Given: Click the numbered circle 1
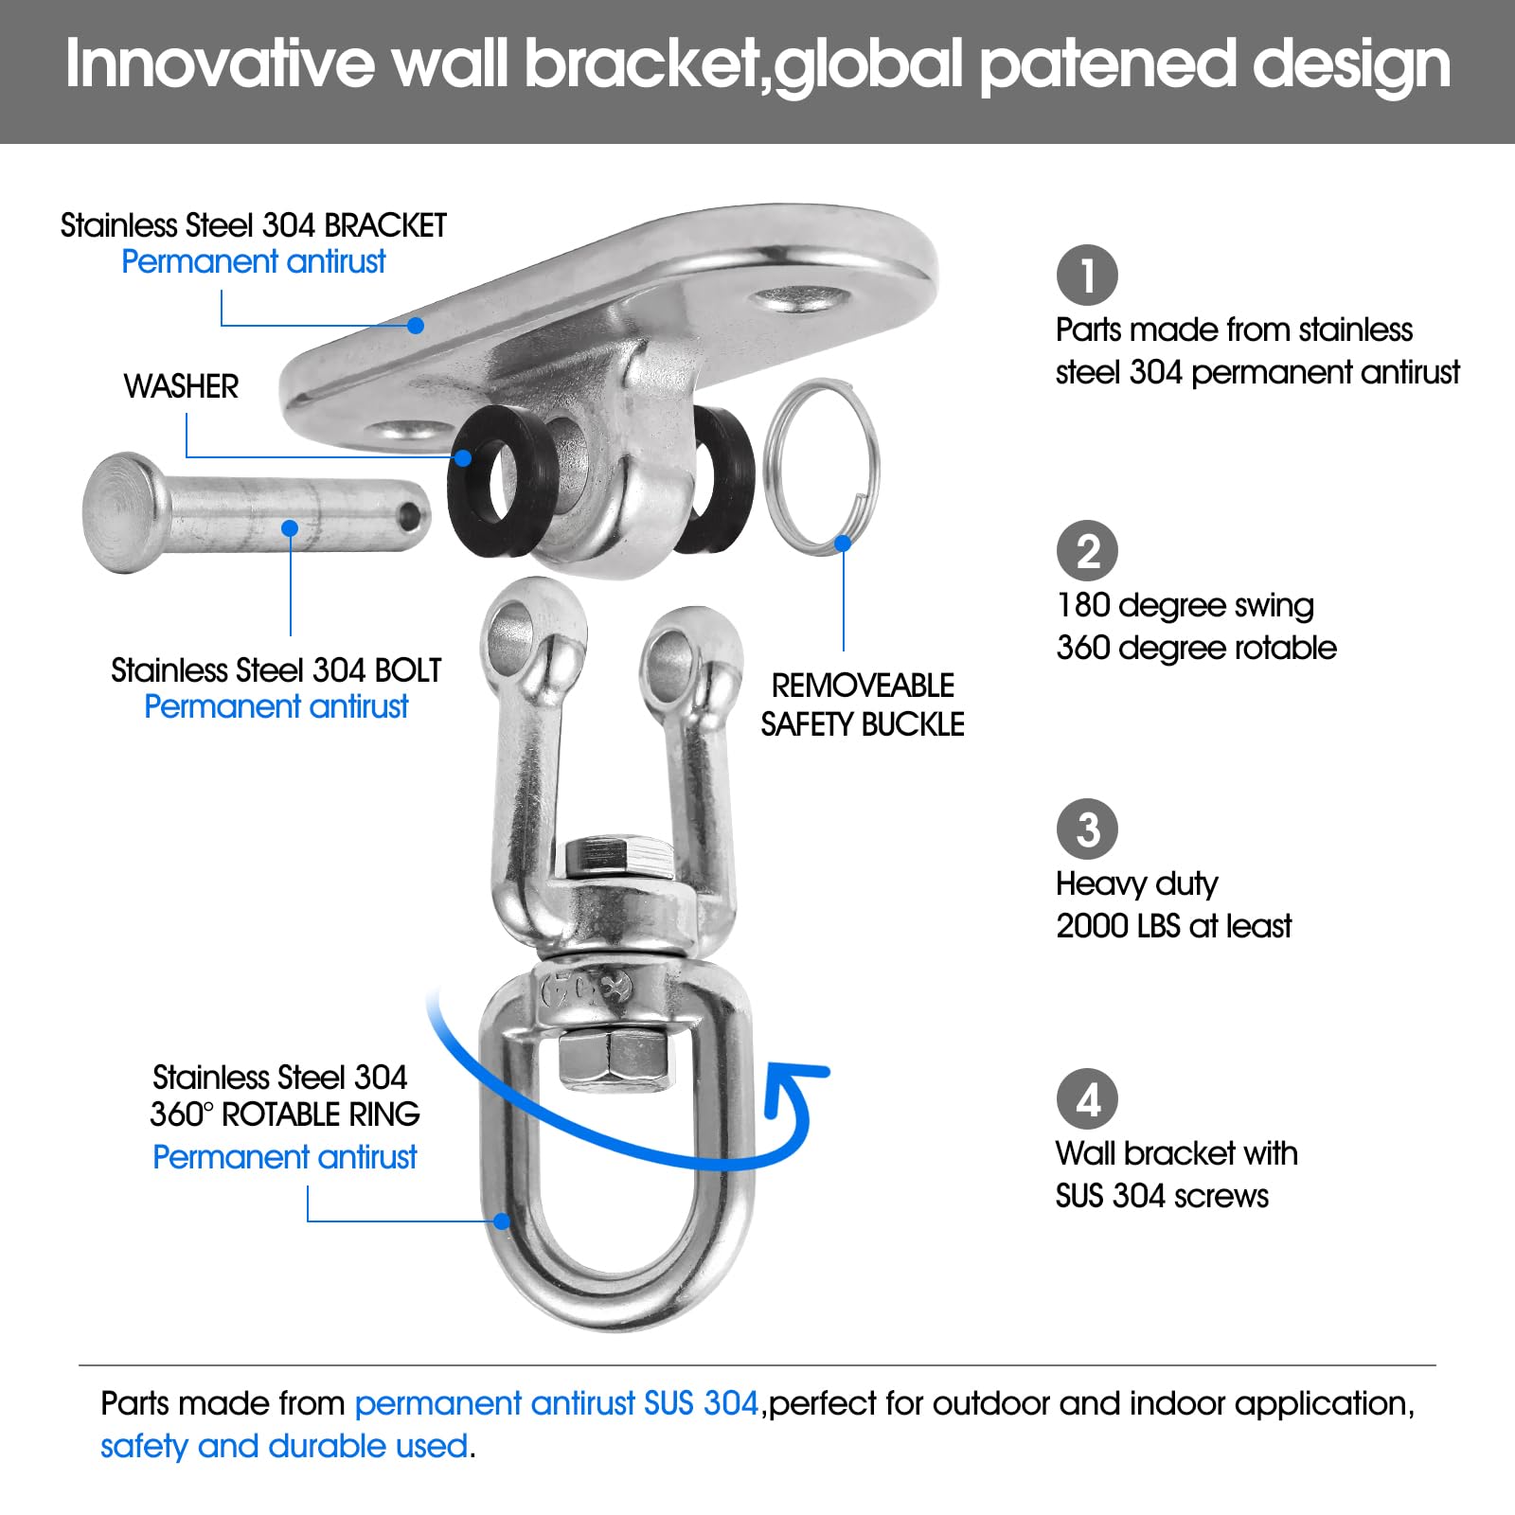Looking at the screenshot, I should tap(1087, 276).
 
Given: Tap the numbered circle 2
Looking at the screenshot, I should tap(1087, 551).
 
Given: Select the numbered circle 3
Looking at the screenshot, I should tap(1087, 829).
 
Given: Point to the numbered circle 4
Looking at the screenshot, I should tap(1087, 1099).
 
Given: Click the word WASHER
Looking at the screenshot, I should tap(181, 386).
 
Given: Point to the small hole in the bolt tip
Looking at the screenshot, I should tap(409, 516).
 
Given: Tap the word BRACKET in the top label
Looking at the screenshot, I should tap(384, 225).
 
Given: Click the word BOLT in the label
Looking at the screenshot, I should tap(407, 670).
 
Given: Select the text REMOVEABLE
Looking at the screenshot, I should tap(863, 686).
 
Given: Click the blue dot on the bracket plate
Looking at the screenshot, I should tap(415, 326).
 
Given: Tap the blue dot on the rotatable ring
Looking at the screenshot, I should tap(502, 1221).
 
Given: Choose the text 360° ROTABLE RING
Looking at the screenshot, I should tap(284, 1114).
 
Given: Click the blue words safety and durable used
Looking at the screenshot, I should tap(284, 1446).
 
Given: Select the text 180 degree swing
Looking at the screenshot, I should tap(1185, 605).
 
